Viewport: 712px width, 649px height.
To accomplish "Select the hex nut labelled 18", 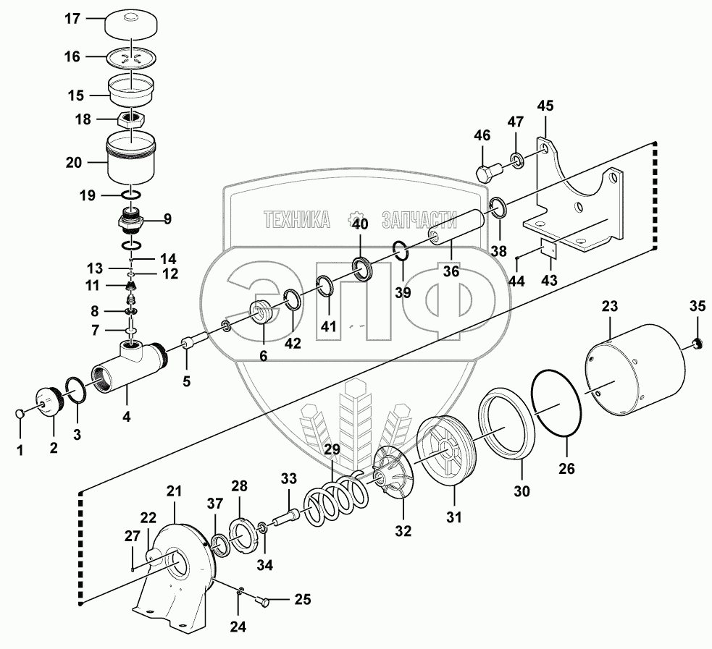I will click(131, 120).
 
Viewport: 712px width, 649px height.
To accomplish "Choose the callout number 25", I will click(302, 599).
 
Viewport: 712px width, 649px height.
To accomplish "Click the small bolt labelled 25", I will click(263, 601).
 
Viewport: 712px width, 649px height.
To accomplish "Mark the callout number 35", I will click(697, 306).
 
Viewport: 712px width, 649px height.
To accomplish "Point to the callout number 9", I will click(167, 219).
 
